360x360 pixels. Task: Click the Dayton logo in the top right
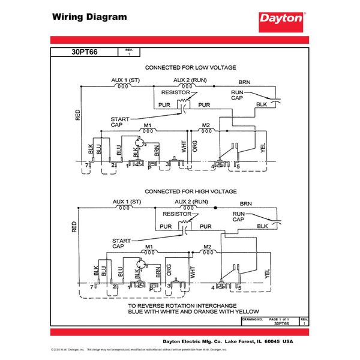[x=281, y=19]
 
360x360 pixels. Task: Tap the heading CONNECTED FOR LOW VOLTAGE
[x=190, y=67]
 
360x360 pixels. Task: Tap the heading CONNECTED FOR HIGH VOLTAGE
[x=190, y=191]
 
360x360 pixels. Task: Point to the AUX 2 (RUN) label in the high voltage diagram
[x=191, y=202]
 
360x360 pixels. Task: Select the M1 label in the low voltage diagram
[x=148, y=125]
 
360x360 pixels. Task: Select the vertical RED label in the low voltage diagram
[x=77, y=115]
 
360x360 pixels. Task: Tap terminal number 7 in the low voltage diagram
[x=86, y=164]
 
